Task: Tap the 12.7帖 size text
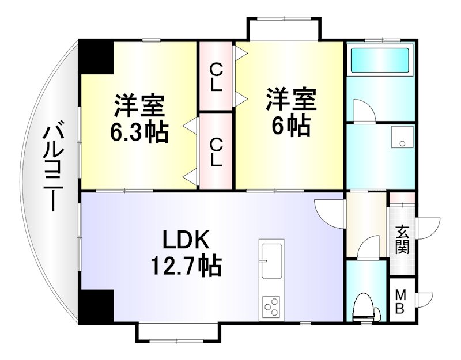click(186, 266)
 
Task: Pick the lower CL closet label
click(216, 151)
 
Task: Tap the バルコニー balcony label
click(52, 167)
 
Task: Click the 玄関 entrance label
click(402, 240)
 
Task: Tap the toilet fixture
click(365, 308)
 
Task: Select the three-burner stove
click(271, 305)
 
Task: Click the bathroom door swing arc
click(362, 110)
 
